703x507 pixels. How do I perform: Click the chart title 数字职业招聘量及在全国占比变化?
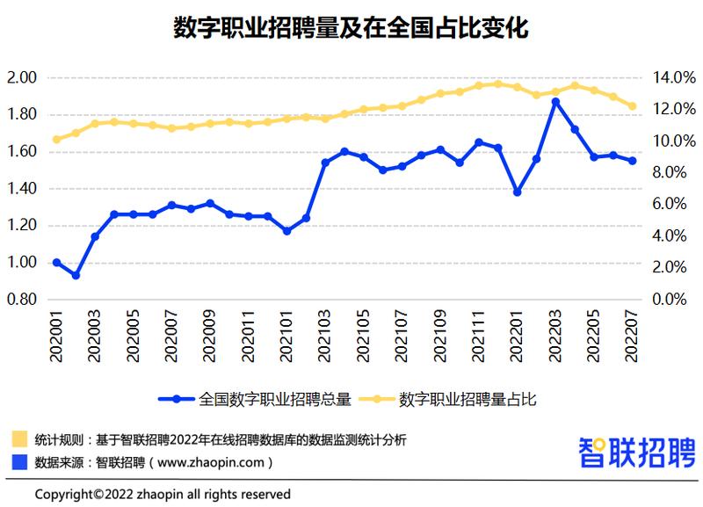[x=351, y=28]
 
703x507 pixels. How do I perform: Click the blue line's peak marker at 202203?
[x=555, y=102]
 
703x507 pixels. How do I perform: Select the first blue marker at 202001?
[x=57, y=263]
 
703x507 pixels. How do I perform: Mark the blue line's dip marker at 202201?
[x=517, y=192]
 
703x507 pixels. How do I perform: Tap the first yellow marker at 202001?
[x=57, y=139]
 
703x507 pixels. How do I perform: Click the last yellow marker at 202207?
[x=632, y=106]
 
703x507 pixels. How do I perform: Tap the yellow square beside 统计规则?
[x=18, y=438]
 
